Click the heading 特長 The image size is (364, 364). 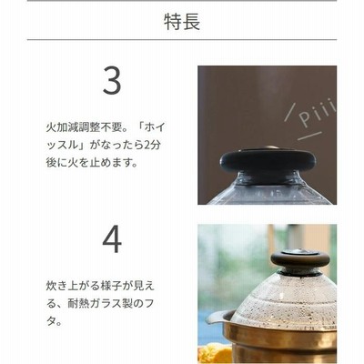click(182, 22)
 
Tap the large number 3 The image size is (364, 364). click(112, 80)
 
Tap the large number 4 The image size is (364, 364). click(112, 239)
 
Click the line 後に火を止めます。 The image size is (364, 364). click(92, 163)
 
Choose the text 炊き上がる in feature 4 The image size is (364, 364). click(73, 286)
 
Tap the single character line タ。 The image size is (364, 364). click(54, 322)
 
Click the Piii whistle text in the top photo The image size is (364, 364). click(318, 113)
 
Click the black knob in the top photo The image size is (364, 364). click(268, 160)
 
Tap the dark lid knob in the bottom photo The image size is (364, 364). click(300, 258)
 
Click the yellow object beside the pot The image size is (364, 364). click(215, 353)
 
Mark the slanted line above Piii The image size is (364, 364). click(290, 113)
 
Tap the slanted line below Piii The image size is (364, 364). click(309, 136)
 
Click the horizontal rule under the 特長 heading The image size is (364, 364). click(182, 40)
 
